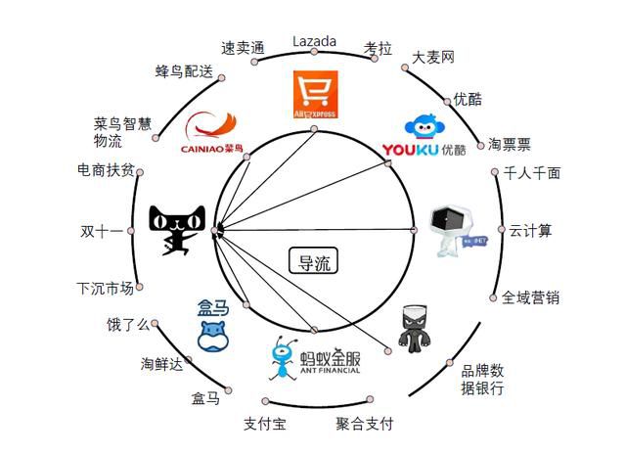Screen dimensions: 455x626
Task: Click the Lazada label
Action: (x=315, y=41)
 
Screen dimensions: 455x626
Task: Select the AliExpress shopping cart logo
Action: (x=315, y=95)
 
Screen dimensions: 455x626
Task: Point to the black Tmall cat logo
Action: (x=177, y=230)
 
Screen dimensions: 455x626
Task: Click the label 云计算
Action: (x=531, y=231)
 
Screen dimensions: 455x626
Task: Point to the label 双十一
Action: (x=102, y=232)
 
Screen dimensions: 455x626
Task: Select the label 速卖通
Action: (x=243, y=46)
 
